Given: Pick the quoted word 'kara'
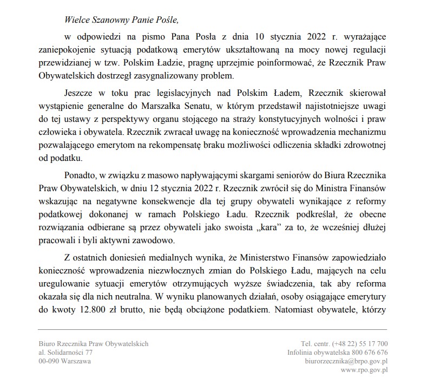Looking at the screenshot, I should coord(260,225).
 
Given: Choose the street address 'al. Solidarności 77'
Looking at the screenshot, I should coord(62,352).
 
